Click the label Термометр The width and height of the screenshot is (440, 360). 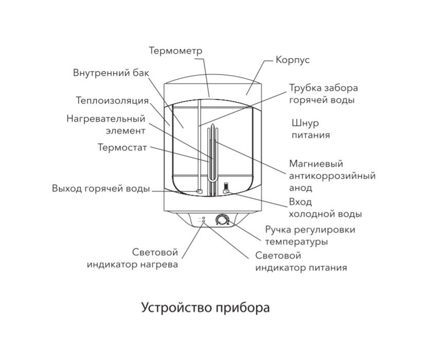(175, 50)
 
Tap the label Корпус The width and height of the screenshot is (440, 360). (292, 60)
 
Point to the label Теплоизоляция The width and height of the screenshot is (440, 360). (112, 100)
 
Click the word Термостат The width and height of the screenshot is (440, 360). (122, 147)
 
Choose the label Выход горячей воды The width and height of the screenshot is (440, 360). (101, 188)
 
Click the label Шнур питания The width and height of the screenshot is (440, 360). (309, 129)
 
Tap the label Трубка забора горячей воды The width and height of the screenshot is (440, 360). (323, 94)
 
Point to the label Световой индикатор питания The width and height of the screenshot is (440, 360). (301, 262)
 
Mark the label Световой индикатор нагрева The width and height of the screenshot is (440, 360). (132, 259)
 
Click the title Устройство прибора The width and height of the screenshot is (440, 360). (205, 308)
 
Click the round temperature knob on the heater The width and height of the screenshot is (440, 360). (222, 220)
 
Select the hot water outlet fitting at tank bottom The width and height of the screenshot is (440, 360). (199, 192)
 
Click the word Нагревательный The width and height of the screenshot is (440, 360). (106, 118)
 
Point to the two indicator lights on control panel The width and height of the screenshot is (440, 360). (203, 220)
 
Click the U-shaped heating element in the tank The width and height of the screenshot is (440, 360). (212, 155)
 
